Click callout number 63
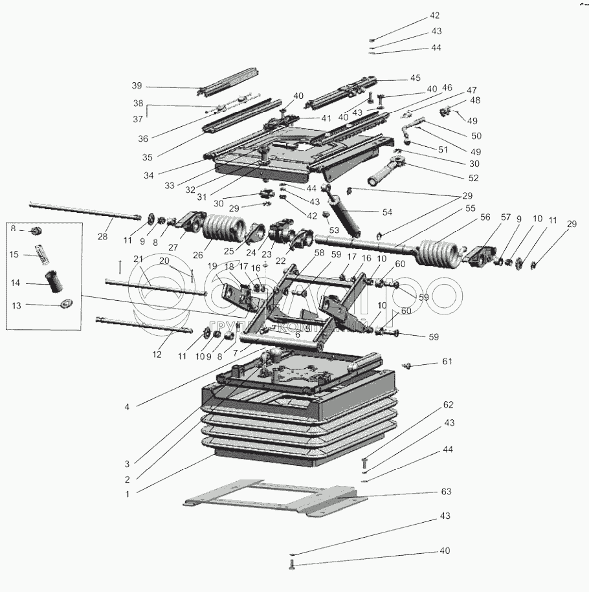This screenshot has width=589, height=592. pyautogui.click(x=445, y=492)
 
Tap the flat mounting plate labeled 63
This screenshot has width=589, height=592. pyautogui.click(x=272, y=497)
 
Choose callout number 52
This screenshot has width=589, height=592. pyautogui.click(x=473, y=178)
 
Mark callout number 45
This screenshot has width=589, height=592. pyautogui.click(x=415, y=78)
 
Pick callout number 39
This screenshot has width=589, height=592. pyautogui.click(x=136, y=86)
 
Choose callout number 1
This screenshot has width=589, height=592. pyautogui.click(x=128, y=494)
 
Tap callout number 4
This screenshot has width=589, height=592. pyautogui.click(x=128, y=406)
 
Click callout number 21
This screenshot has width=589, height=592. pyautogui.click(x=138, y=259)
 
